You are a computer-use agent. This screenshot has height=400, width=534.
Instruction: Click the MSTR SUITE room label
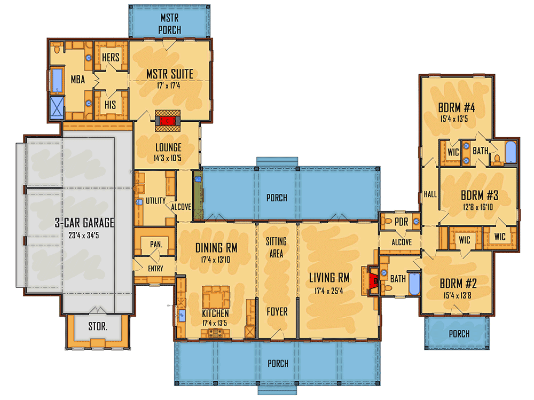coord(170,74)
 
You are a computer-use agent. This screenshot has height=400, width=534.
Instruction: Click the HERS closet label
coord(111,58)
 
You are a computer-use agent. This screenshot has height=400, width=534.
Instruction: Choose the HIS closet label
coord(111,105)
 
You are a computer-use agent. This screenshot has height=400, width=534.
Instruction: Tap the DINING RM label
coord(216,248)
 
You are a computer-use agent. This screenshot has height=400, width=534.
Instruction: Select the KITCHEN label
coord(215,313)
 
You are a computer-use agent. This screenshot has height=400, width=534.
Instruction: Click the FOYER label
coord(277,311)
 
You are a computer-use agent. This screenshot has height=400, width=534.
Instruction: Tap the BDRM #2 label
coord(457,283)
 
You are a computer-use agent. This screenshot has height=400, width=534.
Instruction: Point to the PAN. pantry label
coord(155,244)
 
